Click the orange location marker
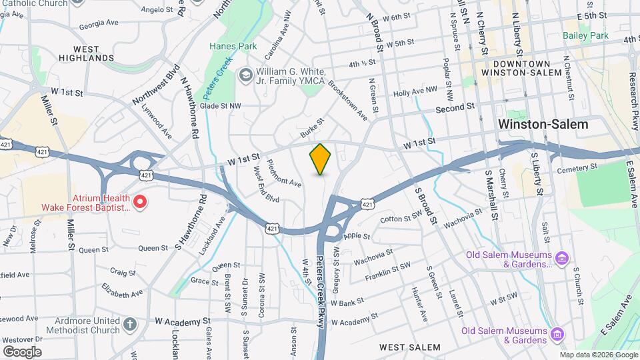(321, 159)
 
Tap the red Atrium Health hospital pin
(140, 201)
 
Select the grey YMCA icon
(246, 76)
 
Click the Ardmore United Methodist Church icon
(129, 325)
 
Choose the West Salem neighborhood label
(409, 347)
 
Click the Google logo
(22, 352)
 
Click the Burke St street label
(311, 128)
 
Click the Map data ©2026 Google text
(598, 355)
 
